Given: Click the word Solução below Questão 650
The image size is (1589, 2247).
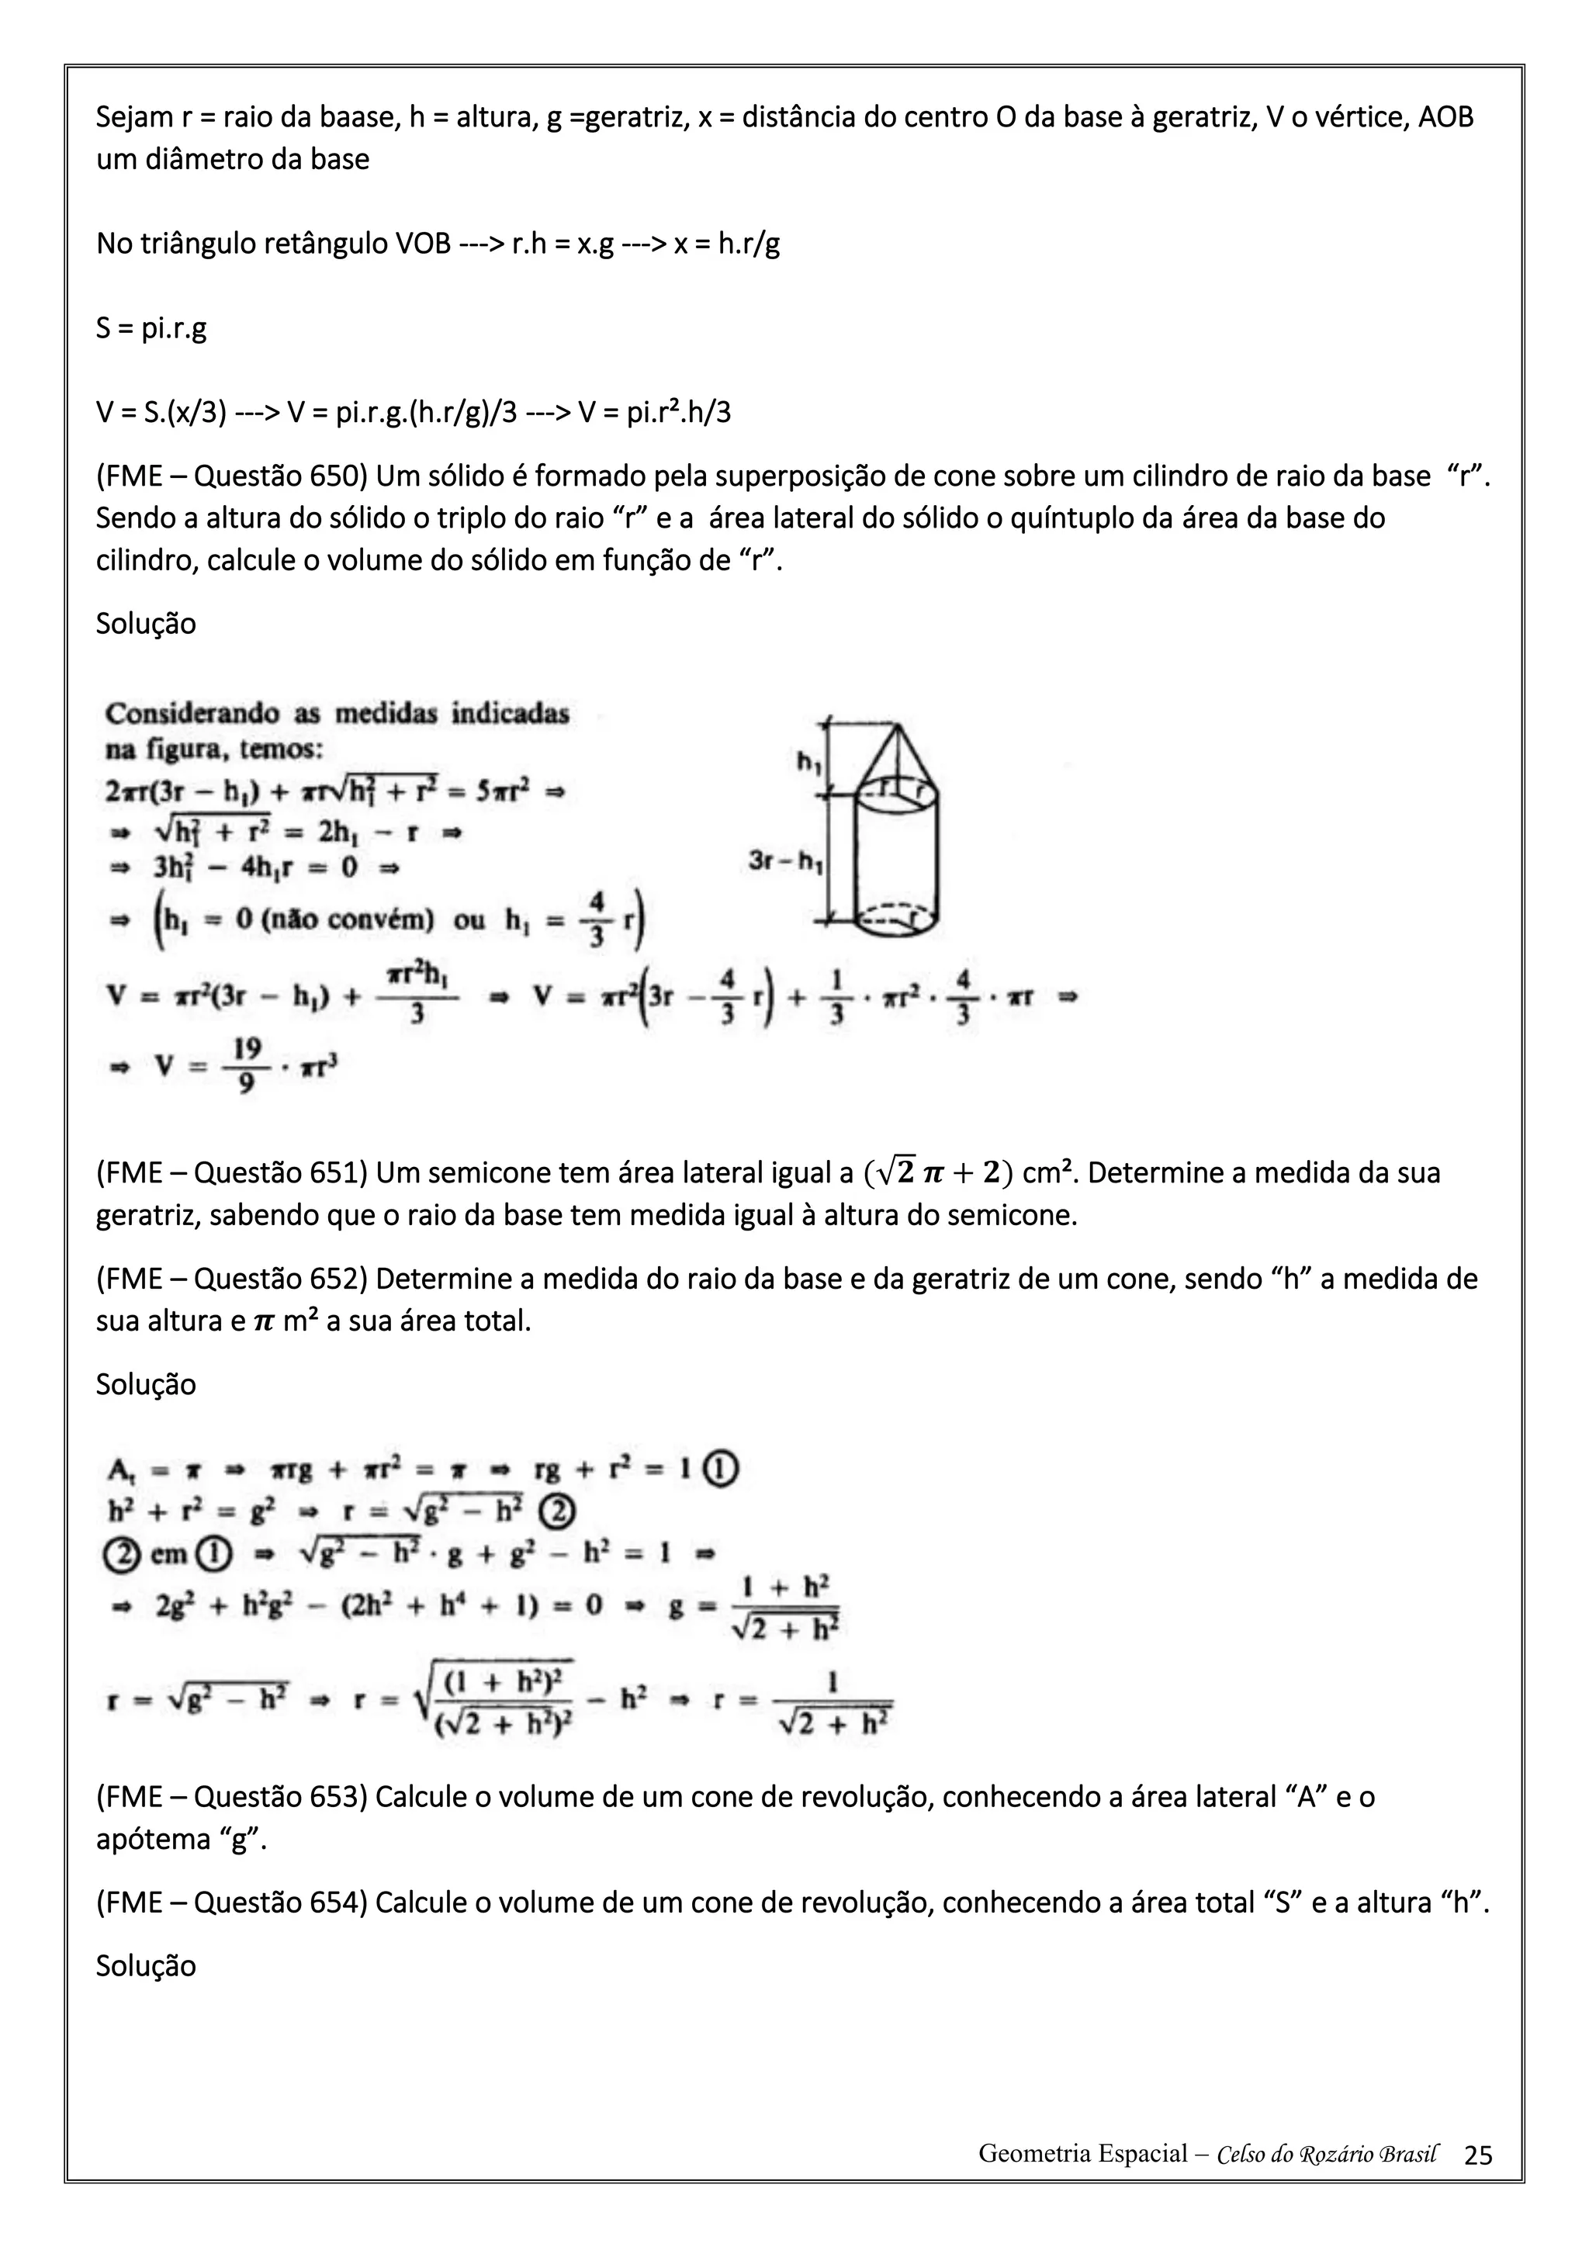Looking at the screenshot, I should (x=146, y=623).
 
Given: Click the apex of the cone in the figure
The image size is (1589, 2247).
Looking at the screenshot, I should (x=896, y=723).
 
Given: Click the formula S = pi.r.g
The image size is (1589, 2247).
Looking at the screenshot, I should (x=151, y=328).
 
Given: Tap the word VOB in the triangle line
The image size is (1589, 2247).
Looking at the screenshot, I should (x=424, y=244).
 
